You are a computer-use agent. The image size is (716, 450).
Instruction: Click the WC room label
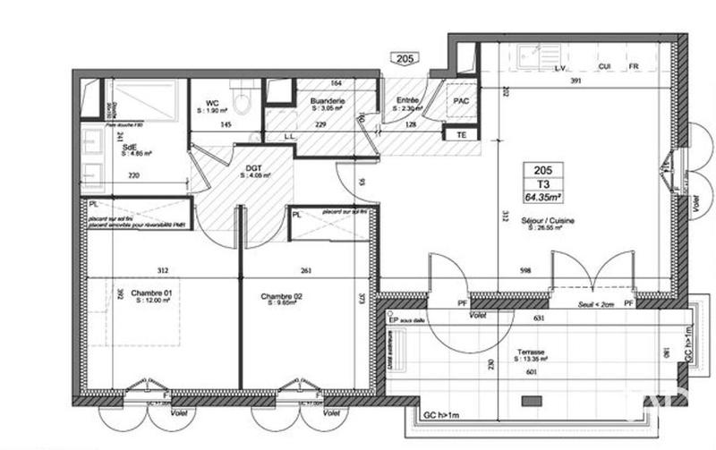212,104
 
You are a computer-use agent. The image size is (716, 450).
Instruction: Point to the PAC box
462,102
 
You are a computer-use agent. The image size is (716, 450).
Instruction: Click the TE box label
462,135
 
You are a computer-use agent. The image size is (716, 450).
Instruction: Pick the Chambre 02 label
281,297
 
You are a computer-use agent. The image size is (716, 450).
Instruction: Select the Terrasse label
532,353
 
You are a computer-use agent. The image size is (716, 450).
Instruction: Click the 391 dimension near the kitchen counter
576,81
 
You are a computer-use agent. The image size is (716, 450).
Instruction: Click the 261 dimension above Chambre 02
305,271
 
